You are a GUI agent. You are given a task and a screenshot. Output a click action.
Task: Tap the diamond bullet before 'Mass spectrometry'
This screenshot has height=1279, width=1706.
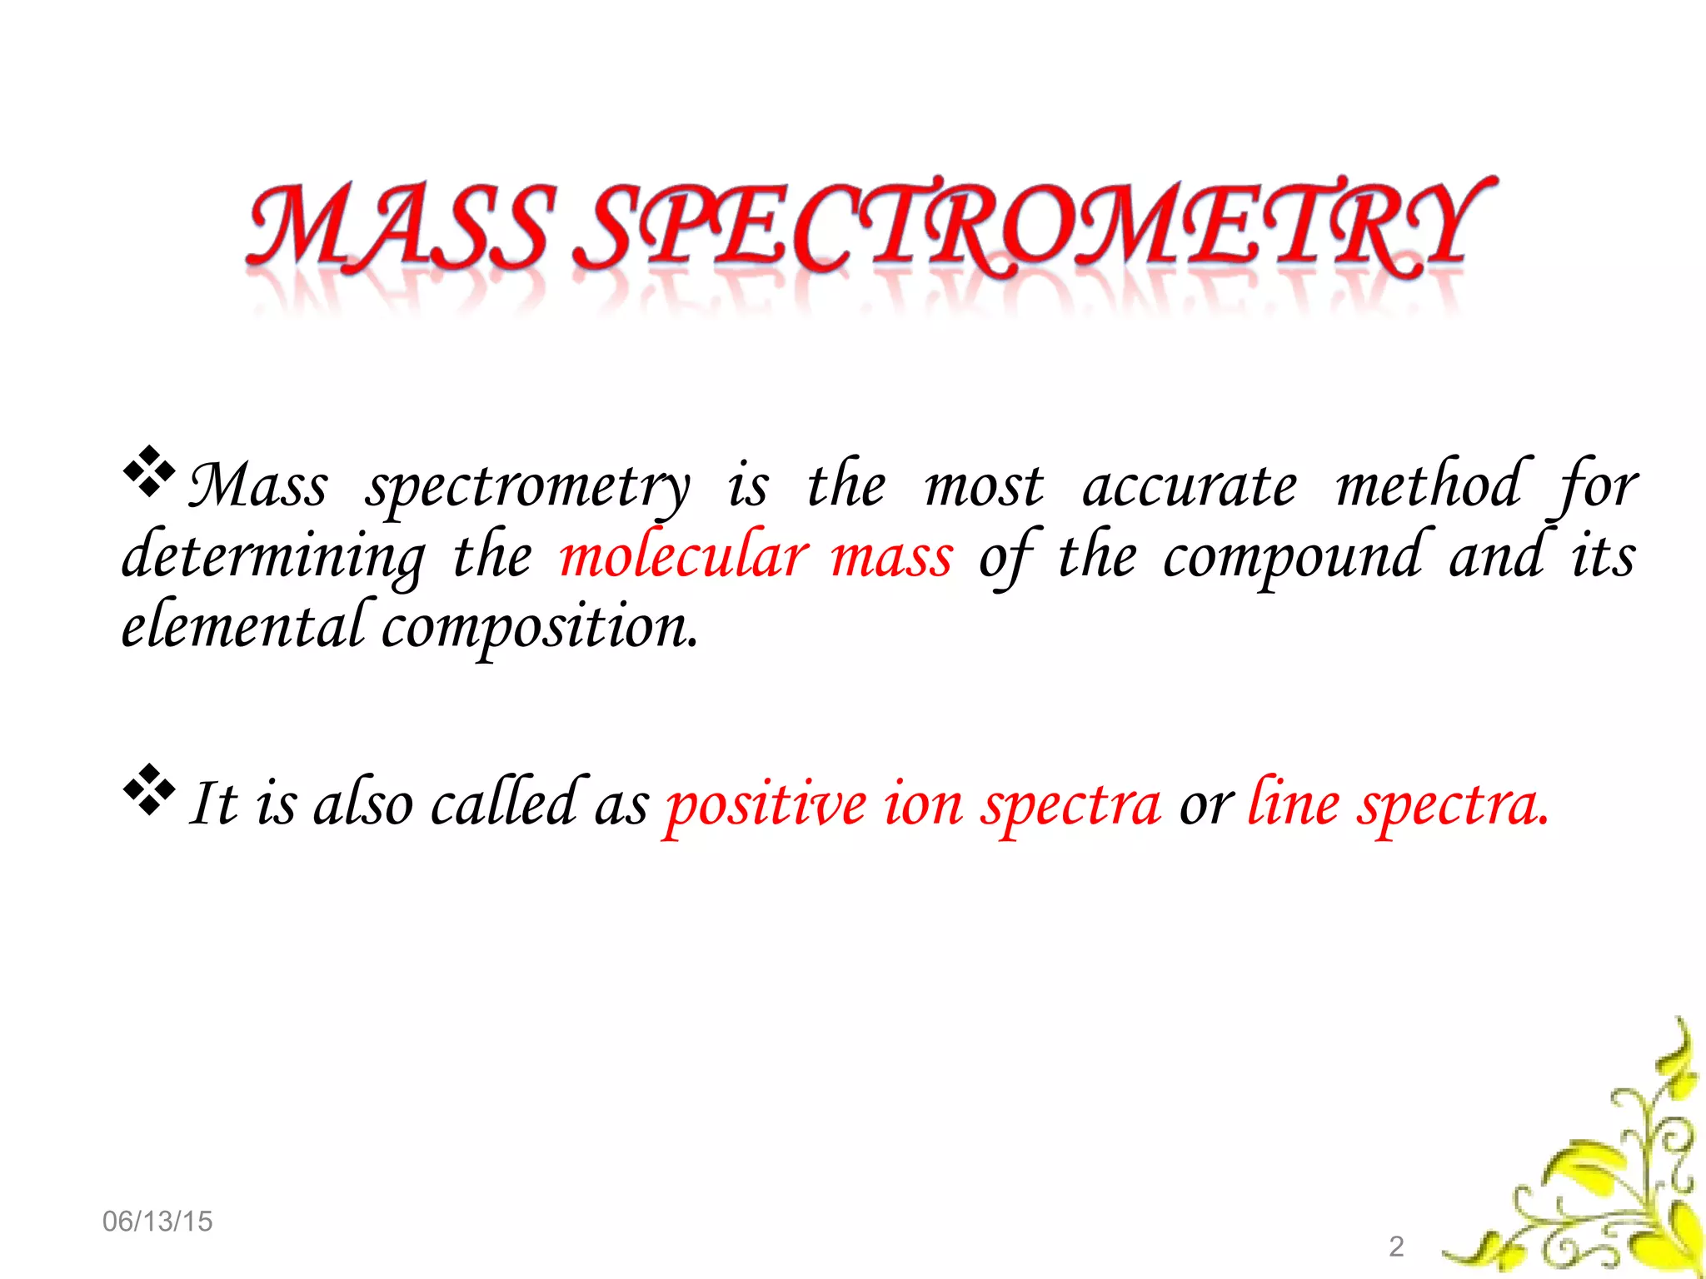pos(149,472)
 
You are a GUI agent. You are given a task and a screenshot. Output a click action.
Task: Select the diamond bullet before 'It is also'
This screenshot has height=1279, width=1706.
pos(149,789)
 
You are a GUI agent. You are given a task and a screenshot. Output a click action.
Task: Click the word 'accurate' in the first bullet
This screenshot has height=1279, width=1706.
pos(1190,486)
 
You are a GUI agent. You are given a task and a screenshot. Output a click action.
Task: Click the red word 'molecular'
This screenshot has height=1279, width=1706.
pos(684,555)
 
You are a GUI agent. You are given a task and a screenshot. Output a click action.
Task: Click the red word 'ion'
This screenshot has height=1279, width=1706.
pos(923,804)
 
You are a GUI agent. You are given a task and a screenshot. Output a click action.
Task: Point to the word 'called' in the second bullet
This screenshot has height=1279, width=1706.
pos(505,803)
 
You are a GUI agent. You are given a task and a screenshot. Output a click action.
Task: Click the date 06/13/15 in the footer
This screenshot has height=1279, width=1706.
pos(157,1222)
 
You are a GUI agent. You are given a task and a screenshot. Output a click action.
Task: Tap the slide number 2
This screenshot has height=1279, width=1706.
pos(1396,1247)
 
